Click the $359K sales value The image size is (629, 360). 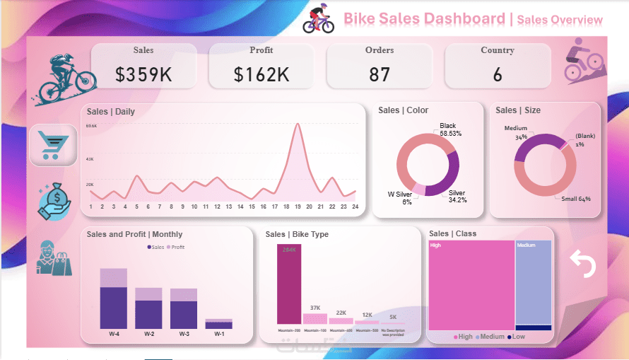click(143, 74)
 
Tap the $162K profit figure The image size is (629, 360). click(261, 74)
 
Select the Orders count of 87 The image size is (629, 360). click(380, 74)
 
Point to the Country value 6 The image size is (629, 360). click(498, 74)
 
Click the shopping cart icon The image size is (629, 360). click(52, 146)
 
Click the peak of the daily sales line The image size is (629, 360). click(298, 124)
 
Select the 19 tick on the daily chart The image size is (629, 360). click(298, 207)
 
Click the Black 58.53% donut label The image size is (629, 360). click(449, 129)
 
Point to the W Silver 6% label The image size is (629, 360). click(399, 198)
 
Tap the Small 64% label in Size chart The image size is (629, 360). click(576, 199)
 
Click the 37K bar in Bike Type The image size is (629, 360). click(315, 318)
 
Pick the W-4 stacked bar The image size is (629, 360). click(113, 298)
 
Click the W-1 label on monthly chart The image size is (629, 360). click(219, 334)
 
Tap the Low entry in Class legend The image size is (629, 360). click(517, 337)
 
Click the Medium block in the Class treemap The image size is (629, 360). click(533, 283)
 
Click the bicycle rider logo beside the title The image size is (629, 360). click(319, 19)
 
